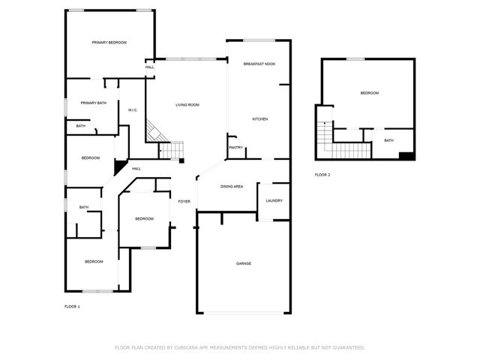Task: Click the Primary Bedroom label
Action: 109,43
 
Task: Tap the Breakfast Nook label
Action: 259,64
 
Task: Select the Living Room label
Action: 187,105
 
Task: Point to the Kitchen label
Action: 259,119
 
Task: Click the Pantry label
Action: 235,148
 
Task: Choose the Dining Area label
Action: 231,186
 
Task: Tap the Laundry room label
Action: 274,200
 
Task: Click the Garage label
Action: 244,263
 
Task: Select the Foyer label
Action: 184,201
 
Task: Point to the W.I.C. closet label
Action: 132,110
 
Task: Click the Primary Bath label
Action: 94,103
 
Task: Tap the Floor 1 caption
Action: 72,306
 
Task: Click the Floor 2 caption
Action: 322,175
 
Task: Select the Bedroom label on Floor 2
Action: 369,93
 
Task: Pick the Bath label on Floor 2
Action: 388,140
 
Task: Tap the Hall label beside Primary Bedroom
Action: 150,67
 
